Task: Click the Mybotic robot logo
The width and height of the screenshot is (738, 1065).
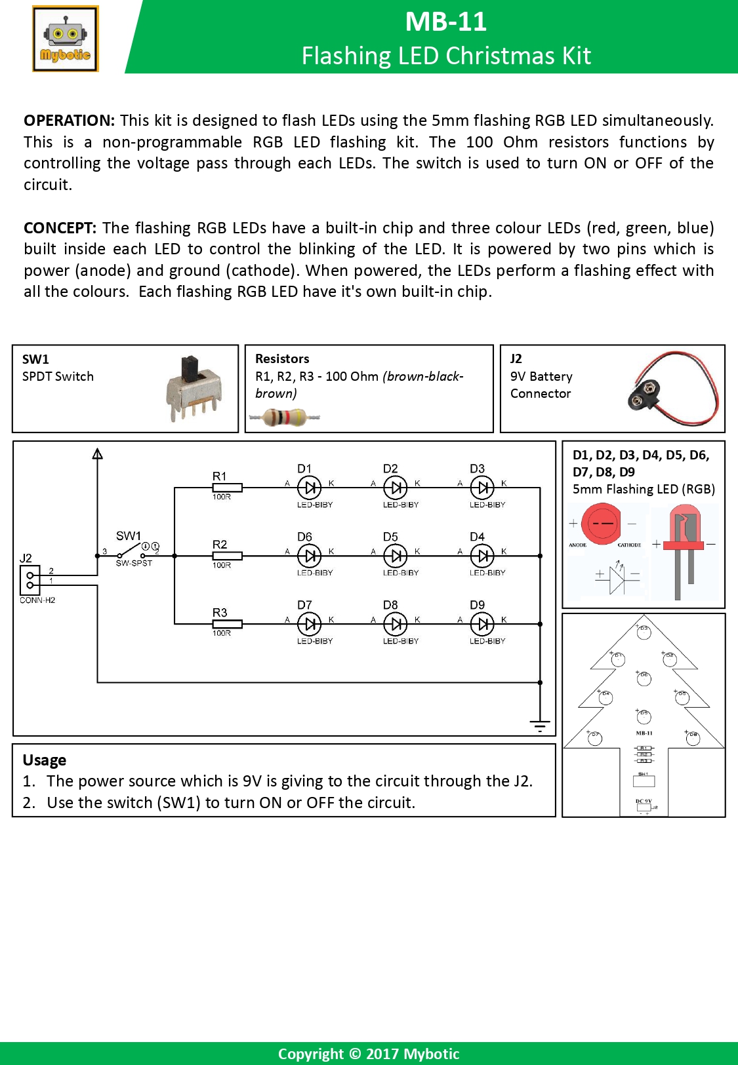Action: click(65, 39)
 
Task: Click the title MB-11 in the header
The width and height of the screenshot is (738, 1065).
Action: click(445, 22)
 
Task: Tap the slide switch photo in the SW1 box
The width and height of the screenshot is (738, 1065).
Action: click(193, 388)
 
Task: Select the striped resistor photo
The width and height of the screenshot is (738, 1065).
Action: click(285, 417)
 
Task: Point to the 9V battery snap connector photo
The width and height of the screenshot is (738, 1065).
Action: click(673, 388)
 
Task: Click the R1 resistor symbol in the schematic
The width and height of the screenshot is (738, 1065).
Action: click(227, 488)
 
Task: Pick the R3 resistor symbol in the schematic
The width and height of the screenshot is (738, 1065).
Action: click(227, 624)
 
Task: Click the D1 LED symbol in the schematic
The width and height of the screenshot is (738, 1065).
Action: click(309, 488)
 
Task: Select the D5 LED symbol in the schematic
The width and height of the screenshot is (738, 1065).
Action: click(395, 556)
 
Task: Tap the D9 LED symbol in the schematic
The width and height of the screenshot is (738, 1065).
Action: click(482, 624)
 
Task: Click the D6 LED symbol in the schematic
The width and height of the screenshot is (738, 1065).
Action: click(309, 556)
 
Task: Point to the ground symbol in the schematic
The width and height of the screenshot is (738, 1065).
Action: click(540, 726)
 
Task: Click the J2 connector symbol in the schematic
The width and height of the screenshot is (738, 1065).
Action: click(30, 579)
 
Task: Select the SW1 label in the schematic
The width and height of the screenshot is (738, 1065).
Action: click(129, 536)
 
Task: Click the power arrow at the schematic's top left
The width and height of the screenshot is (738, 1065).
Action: click(98, 454)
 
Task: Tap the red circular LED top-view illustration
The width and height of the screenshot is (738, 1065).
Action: click(602, 523)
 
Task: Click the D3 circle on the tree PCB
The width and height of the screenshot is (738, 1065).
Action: click(644, 632)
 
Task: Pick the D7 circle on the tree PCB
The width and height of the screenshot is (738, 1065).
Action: click(595, 739)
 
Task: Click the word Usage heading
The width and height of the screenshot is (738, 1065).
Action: click(45, 760)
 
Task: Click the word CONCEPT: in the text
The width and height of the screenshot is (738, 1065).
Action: click(60, 228)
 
